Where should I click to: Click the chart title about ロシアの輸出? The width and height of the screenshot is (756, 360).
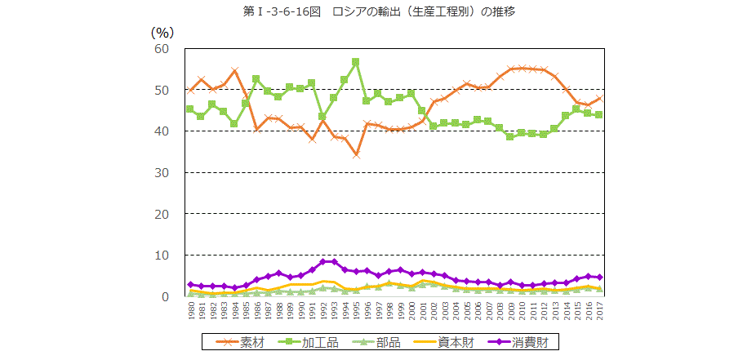[x=378, y=11]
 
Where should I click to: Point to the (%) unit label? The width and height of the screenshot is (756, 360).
[x=162, y=32]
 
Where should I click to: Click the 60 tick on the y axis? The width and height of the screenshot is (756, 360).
[x=161, y=48]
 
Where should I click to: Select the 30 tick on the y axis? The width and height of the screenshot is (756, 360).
[x=161, y=172]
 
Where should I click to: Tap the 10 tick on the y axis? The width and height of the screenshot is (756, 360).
[x=161, y=255]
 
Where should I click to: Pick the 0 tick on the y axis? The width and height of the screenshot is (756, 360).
[x=164, y=296]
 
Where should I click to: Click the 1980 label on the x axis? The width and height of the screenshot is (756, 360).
[x=190, y=312]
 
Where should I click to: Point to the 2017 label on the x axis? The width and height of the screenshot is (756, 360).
[x=600, y=312]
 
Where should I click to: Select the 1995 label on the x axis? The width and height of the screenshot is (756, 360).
[x=356, y=312]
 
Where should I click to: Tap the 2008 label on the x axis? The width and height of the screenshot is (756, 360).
[x=500, y=312]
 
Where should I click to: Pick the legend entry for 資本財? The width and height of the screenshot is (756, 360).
[x=440, y=341]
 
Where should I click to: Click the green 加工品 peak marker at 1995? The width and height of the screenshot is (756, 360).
[x=356, y=61]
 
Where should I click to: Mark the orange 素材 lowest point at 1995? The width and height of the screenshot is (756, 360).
[x=356, y=154]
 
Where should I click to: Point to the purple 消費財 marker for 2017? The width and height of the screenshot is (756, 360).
[x=600, y=278]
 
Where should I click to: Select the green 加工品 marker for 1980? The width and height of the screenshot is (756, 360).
[x=190, y=109]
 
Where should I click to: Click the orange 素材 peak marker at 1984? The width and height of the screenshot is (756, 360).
[x=234, y=70]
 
